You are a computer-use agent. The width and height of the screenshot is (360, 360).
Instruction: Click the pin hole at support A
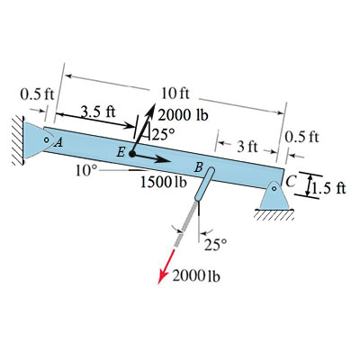coord(46,139)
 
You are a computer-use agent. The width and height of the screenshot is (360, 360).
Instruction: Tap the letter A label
coord(59,143)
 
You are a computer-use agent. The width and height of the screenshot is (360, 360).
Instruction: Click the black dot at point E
coord(132,154)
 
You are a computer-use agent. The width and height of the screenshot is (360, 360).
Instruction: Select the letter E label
coord(121,153)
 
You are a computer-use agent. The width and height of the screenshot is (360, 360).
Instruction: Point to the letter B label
coord(198,167)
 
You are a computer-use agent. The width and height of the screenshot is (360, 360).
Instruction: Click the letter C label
coord(291,181)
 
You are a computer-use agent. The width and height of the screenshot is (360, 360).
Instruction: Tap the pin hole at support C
coord(274,189)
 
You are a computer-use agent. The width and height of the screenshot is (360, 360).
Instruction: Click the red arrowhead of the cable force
coord(162,276)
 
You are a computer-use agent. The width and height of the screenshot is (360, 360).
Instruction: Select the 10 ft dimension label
coord(175,94)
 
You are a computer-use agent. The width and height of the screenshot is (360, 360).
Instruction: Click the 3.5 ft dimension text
coord(99,112)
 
